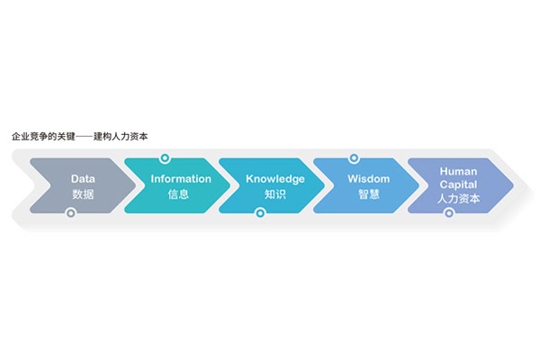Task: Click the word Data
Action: tap(83, 179)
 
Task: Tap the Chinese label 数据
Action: tap(83, 194)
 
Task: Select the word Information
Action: tap(181, 179)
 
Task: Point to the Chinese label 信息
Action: tap(178, 194)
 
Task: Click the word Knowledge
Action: tap(275, 179)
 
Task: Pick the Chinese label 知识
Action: tap(275, 194)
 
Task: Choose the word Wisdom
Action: tap(368, 179)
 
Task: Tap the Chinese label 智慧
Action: tap(369, 194)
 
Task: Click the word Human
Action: tap(458, 171)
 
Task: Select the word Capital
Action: tap(458, 184)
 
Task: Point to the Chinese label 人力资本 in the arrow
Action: tap(458, 199)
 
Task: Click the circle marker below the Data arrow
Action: tap(70, 213)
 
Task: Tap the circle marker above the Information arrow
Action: tap(165, 158)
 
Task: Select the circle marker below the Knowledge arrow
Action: tap(260, 213)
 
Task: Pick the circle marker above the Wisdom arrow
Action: tap(354, 158)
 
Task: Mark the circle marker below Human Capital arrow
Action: tap(449, 213)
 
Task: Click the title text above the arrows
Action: tap(79, 137)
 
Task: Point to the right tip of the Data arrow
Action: tap(137, 185)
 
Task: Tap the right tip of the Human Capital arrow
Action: tap(514, 185)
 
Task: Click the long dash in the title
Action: tap(85, 137)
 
